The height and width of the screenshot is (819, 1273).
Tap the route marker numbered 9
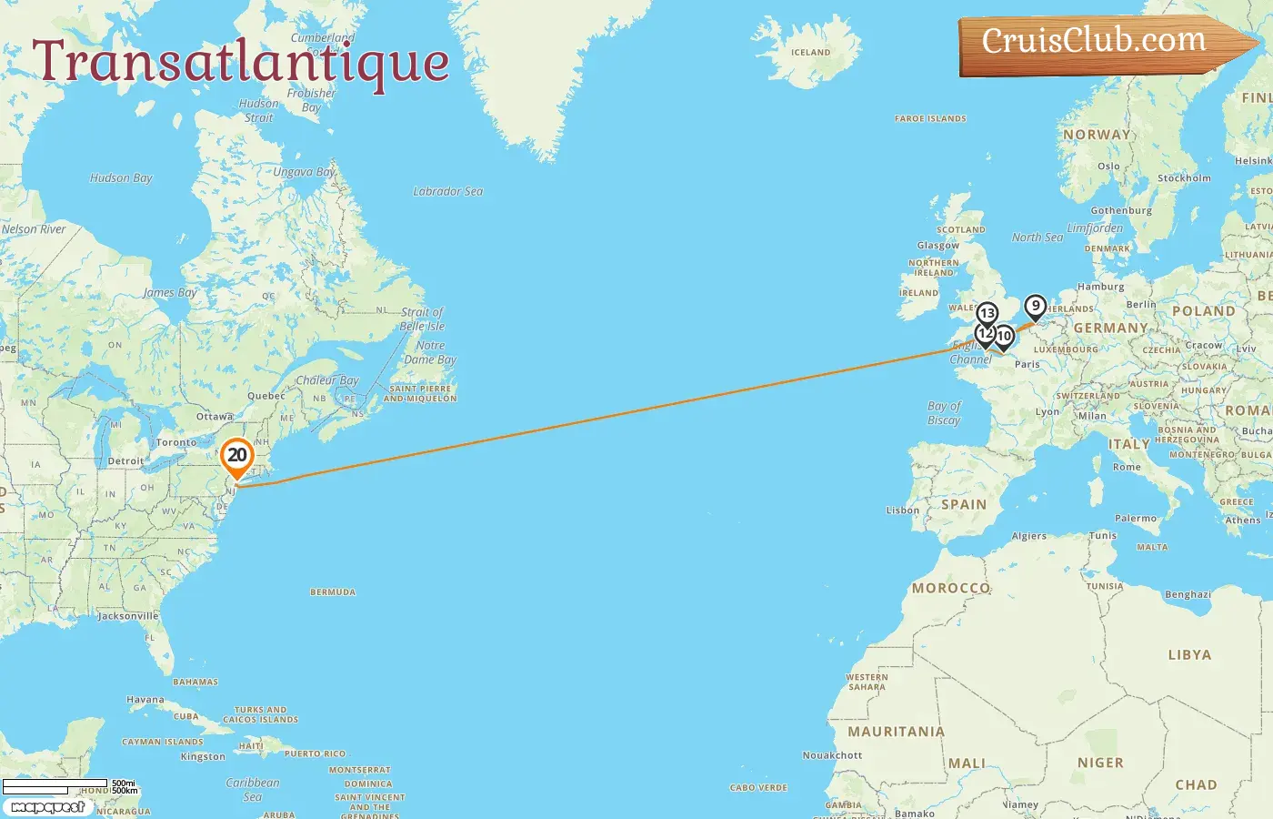(1035, 307)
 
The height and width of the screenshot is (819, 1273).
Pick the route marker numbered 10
(1004, 337)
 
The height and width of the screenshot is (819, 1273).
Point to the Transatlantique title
(241, 62)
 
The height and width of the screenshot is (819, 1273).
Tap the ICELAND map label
(810, 53)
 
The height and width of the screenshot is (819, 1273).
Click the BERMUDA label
(333, 592)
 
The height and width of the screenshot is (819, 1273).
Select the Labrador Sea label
(447, 191)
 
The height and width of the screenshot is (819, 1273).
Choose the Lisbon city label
(903, 511)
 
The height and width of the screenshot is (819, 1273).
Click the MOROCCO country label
(951, 588)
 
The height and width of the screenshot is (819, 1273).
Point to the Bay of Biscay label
(944, 413)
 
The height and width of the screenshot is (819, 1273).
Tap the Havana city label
(145, 700)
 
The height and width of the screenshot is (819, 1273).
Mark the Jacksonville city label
(128, 616)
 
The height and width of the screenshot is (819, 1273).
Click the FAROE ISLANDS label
(930, 118)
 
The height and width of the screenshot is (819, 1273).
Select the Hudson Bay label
(121, 178)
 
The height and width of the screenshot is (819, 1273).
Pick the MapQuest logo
(47, 807)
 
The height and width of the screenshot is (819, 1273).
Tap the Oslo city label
(1108, 167)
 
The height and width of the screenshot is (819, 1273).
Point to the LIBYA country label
(1189, 654)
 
